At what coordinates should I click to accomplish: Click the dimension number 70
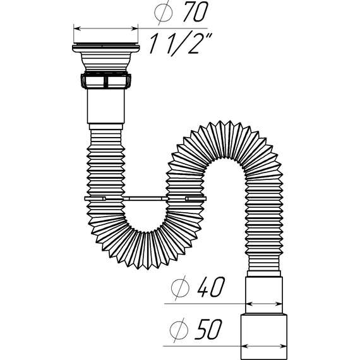196,12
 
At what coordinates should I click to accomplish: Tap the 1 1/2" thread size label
181,44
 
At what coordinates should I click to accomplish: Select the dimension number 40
211,287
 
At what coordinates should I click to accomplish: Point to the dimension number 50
208,329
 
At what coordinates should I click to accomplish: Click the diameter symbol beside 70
163,13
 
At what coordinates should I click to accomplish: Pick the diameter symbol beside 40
180,287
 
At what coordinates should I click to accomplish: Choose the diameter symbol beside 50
179,330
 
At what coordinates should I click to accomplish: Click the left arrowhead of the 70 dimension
77,28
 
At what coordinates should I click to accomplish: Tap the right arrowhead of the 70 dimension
135,28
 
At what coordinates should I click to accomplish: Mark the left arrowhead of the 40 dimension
249,304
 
